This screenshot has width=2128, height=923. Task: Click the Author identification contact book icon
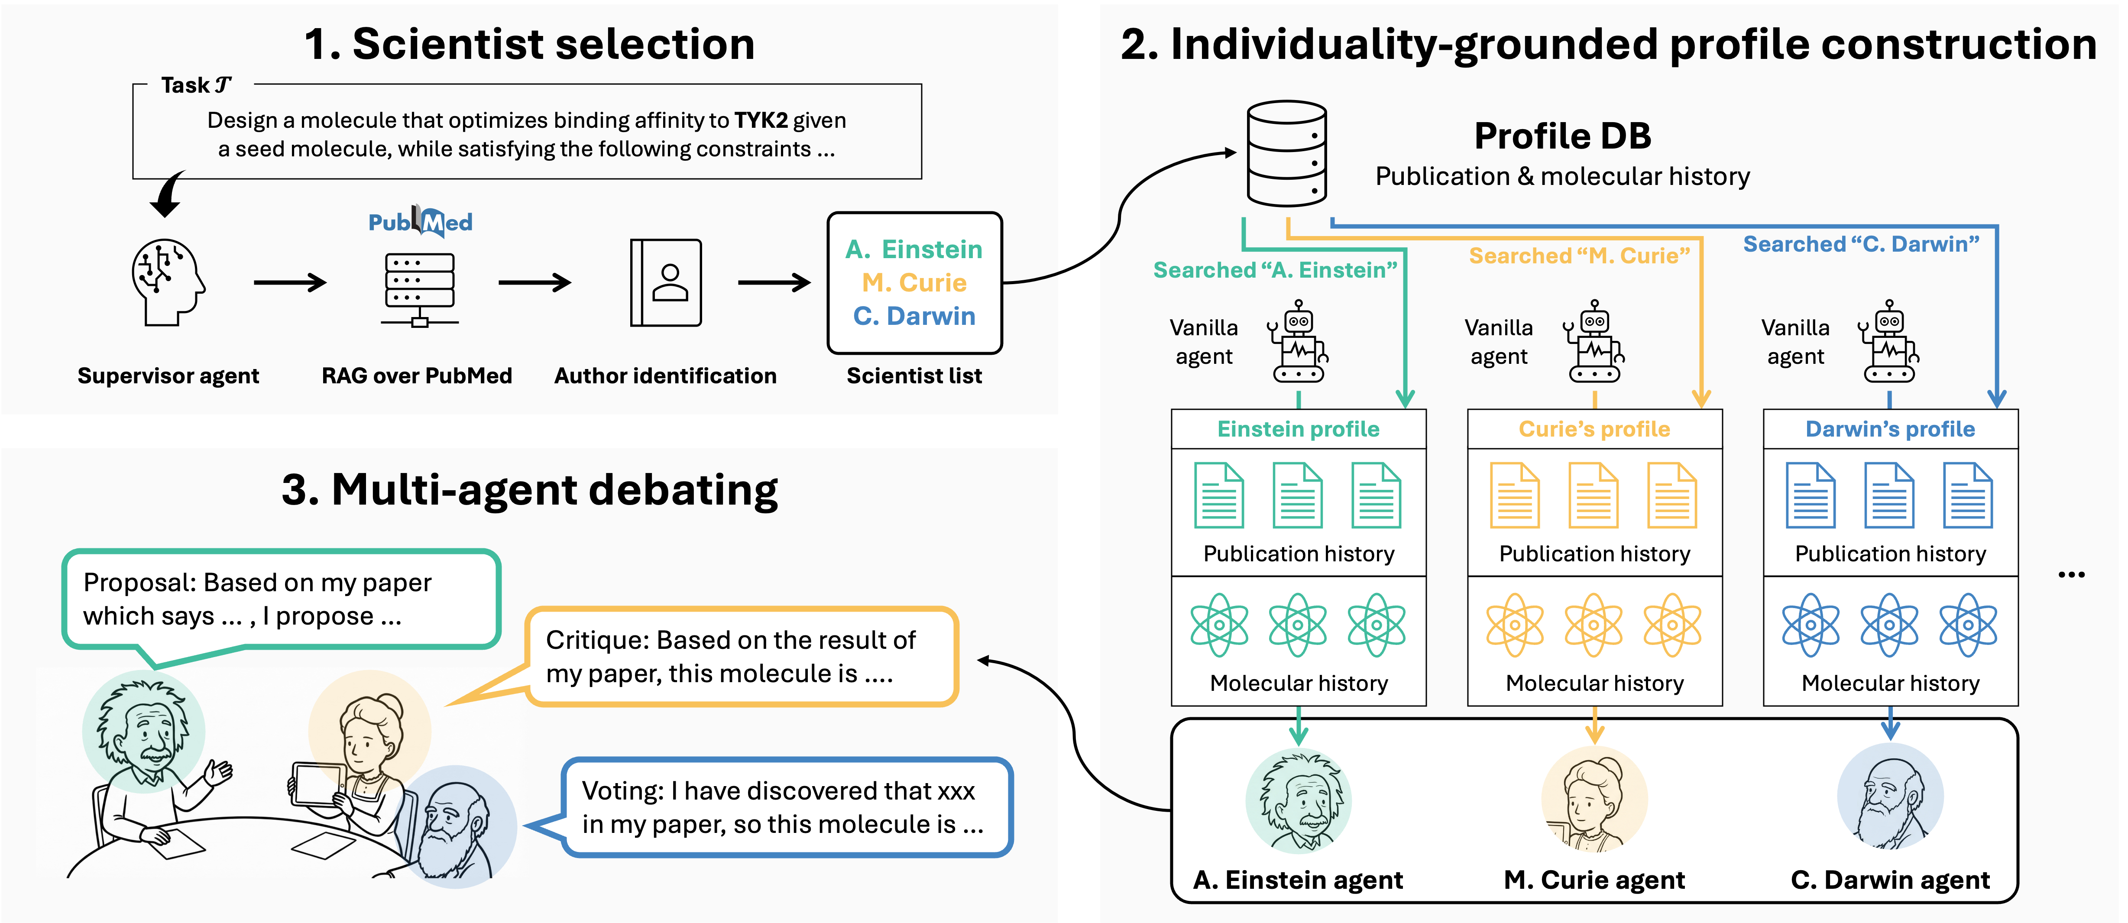point(666,282)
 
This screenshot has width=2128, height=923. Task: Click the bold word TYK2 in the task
point(761,121)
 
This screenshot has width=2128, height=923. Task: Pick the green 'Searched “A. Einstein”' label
point(1275,270)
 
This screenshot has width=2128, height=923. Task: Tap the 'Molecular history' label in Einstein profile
point(1299,683)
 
